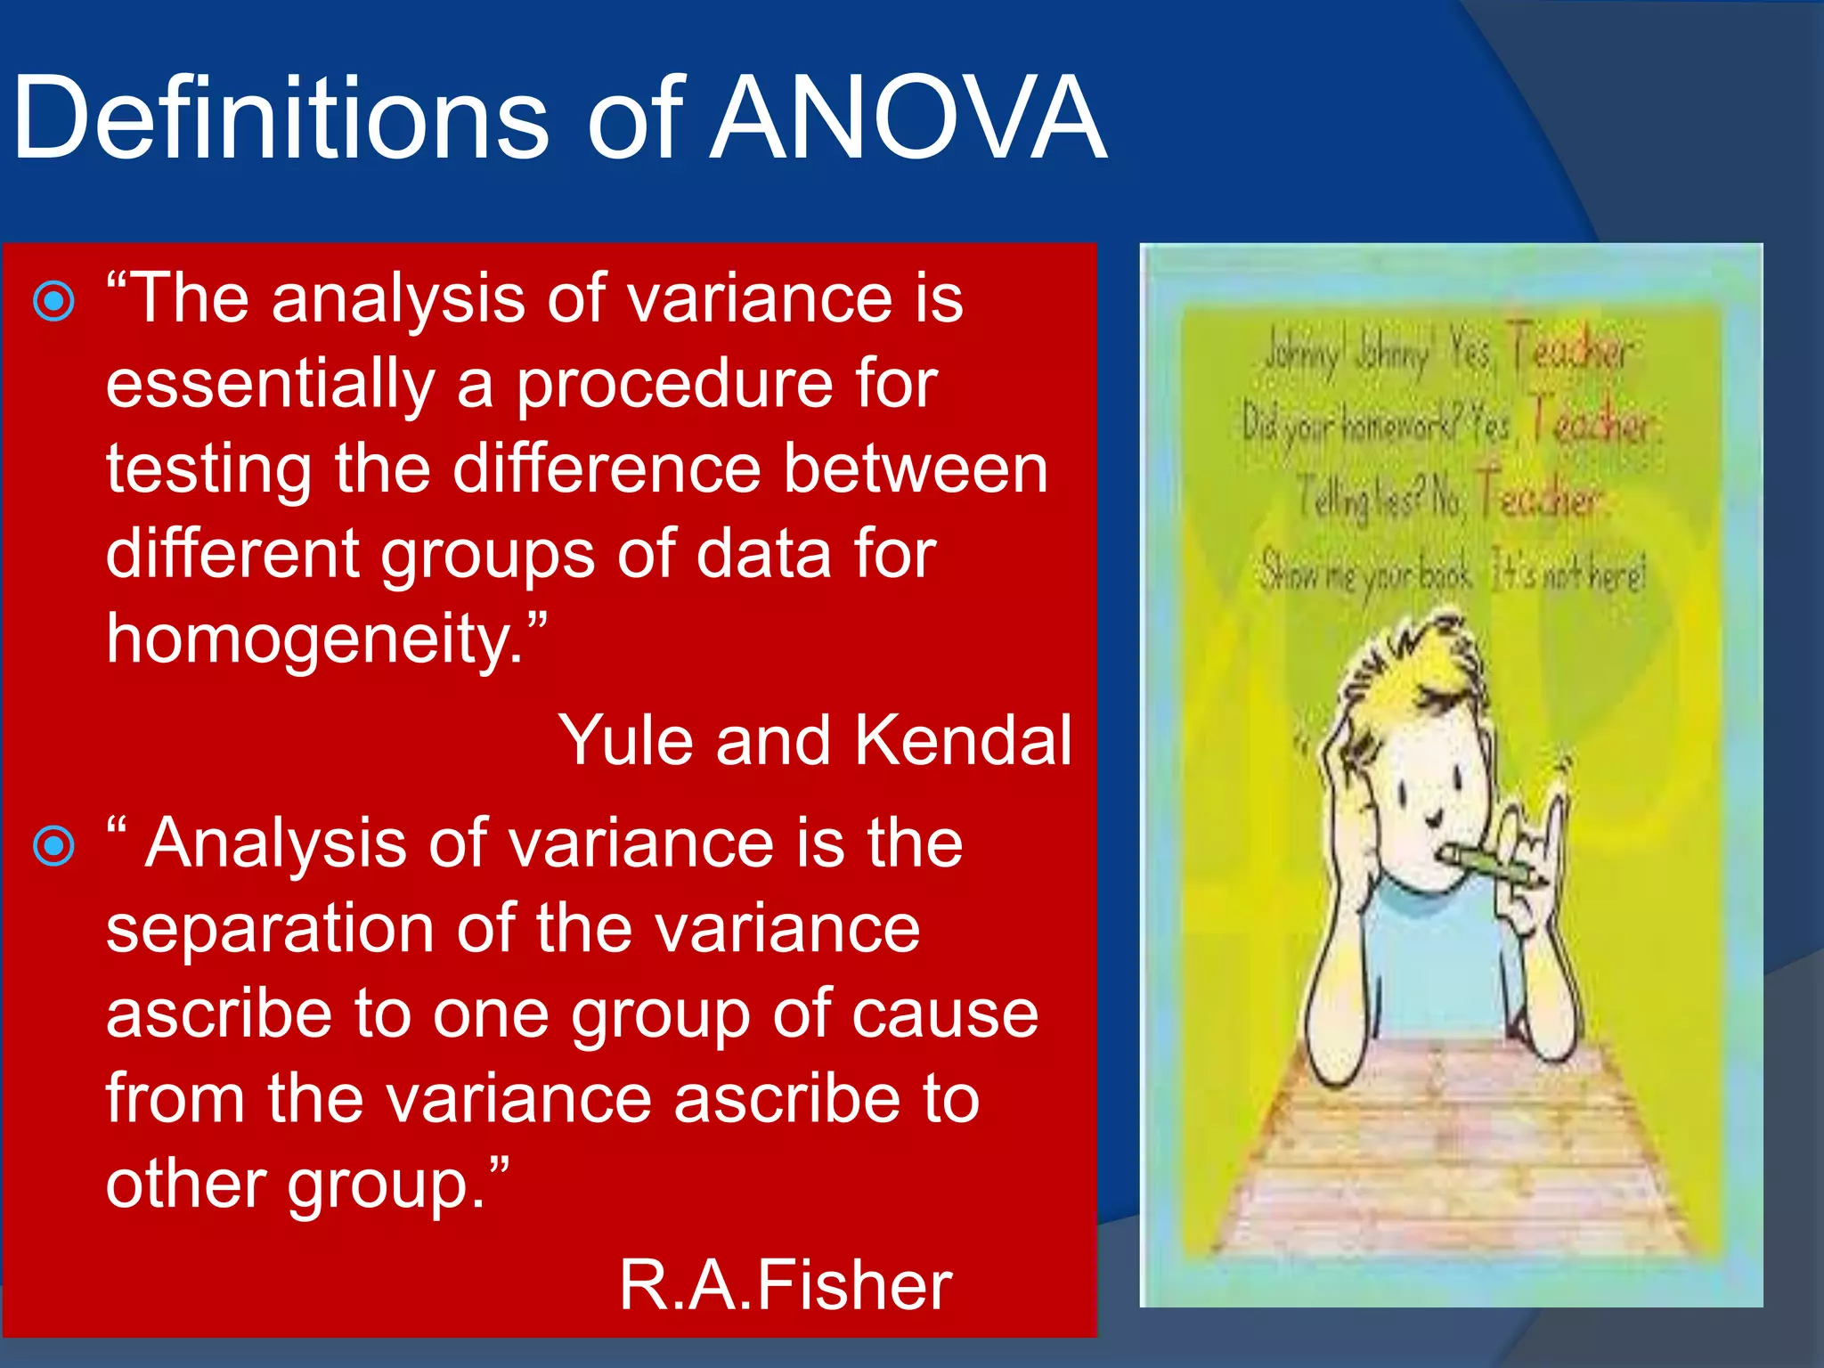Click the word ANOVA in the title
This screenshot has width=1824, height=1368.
pos(908,118)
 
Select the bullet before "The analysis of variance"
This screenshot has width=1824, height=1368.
pos(53,302)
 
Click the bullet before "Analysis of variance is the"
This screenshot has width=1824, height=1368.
pos(53,845)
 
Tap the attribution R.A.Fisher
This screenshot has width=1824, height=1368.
pos(786,1284)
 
